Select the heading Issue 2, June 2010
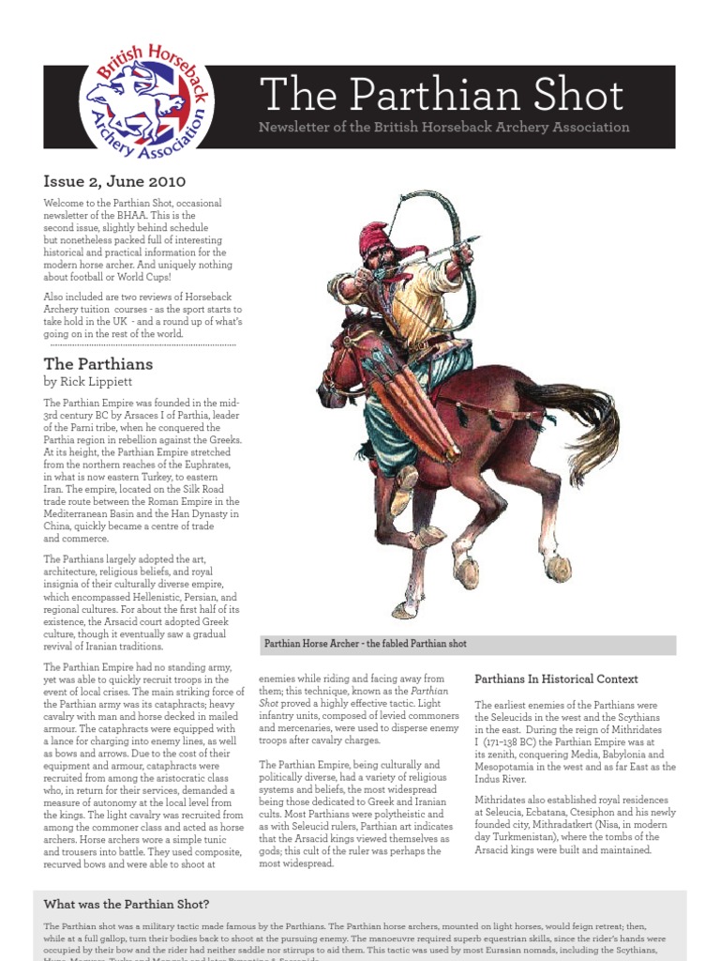(114, 181)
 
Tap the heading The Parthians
(97, 363)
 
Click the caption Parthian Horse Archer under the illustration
(366, 645)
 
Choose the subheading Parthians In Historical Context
(556, 679)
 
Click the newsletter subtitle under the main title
(443, 128)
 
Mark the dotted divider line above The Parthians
(141, 344)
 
